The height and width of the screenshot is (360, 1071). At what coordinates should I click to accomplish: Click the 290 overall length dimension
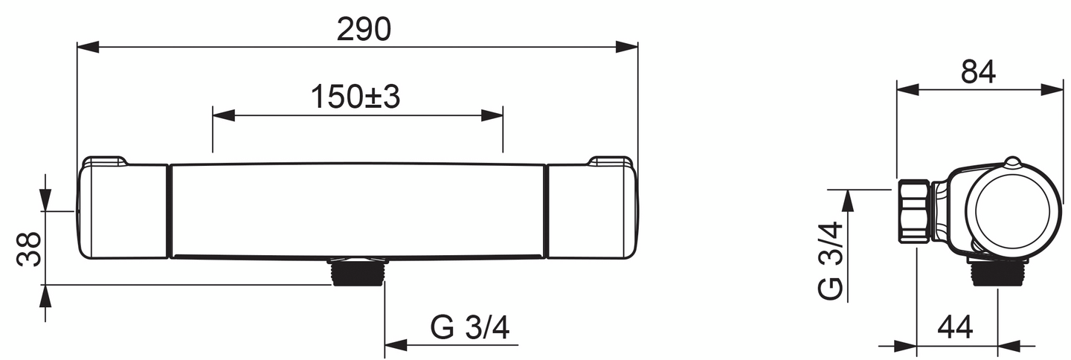pos(364,29)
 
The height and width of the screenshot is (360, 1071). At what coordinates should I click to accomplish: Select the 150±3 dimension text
pos(356,97)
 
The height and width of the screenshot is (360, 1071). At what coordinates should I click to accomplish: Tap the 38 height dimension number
pos(28,248)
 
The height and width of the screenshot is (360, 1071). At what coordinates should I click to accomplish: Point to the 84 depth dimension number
pos(978,71)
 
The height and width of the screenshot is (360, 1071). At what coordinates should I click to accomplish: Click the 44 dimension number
pos(955,327)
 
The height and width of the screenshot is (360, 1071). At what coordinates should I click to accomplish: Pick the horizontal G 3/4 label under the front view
pos(469,327)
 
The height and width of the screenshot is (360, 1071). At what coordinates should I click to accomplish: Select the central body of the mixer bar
pos(358,210)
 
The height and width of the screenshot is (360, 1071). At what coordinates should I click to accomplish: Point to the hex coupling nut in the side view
pos(913,211)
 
